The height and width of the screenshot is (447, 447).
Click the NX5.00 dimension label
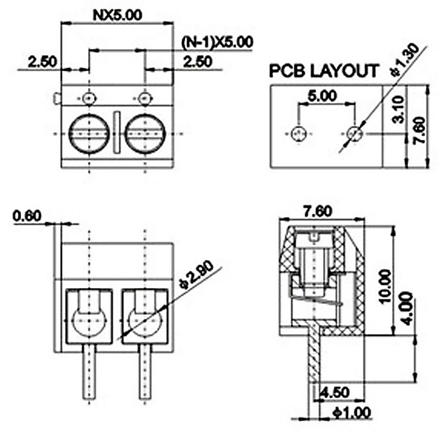(x=117, y=15)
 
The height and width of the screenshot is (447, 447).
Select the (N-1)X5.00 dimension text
(x=217, y=42)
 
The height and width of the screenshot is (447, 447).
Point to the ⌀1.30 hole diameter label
(x=405, y=60)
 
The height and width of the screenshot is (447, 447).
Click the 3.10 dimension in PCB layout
(x=398, y=110)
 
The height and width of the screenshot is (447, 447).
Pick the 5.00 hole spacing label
(x=322, y=96)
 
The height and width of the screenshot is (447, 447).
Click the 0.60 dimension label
(x=27, y=216)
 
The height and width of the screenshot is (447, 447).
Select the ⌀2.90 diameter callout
(x=196, y=275)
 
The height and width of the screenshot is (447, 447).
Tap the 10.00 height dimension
(x=385, y=287)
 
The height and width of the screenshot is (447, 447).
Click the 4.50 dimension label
(x=335, y=392)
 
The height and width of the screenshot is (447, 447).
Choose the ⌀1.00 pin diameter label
(x=352, y=413)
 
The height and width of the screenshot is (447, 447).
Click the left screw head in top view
(x=89, y=133)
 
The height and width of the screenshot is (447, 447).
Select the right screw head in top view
(x=145, y=133)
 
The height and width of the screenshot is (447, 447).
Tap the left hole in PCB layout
(x=299, y=133)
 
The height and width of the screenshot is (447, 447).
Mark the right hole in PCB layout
(x=354, y=133)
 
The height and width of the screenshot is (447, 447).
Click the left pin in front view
(x=89, y=372)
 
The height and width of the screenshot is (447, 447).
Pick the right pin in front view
(x=145, y=372)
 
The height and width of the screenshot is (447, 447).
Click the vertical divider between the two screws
(x=117, y=132)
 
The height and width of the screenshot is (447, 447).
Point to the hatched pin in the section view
(x=314, y=354)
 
